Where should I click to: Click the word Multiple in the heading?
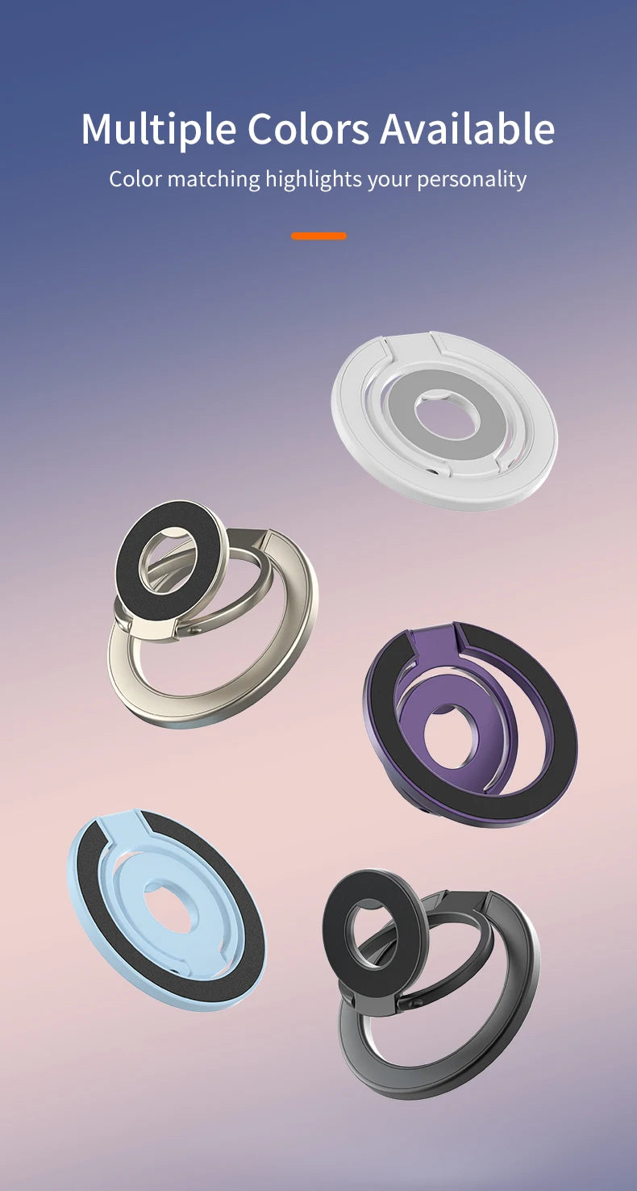158,129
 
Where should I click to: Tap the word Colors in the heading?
308,129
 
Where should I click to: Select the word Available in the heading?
468,129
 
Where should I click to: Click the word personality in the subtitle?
472,178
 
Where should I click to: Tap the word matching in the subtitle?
214,178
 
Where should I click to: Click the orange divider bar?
318,236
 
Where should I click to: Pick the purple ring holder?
556,726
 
